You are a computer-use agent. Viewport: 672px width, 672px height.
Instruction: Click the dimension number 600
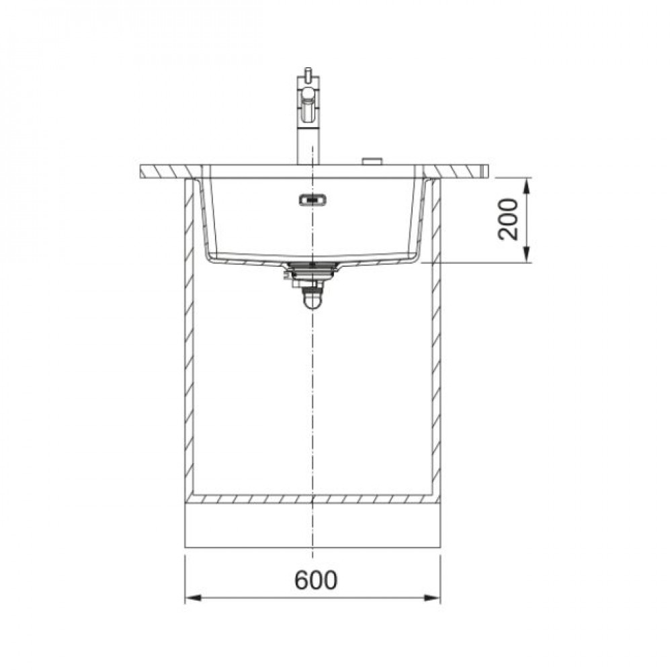click(316, 580)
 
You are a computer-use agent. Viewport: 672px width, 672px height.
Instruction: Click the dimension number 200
click(508, 219)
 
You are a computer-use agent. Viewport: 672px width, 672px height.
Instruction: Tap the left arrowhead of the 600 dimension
click(194, 598)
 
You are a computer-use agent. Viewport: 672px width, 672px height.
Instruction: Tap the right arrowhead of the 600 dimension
click(432, 598)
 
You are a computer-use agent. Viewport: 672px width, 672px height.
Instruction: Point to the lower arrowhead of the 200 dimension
click(527, 254)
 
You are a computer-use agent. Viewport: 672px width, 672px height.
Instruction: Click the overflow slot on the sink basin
click(313, 199)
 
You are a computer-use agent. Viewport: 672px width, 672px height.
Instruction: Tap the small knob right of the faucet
click(372, 161)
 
